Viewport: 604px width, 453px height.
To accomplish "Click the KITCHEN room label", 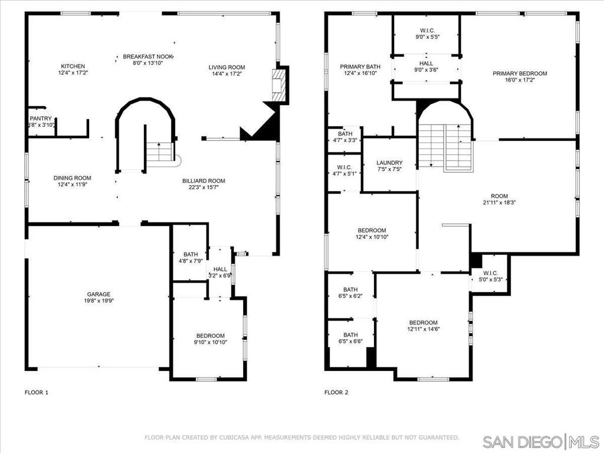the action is pos(73,66).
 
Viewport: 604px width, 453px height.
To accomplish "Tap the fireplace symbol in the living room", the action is pos(280,85).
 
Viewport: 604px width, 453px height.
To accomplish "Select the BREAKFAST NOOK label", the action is pos(148,57).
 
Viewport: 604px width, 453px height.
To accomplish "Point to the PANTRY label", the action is pos(41,119).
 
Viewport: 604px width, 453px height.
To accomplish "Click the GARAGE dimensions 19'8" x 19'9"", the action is pos(99,301).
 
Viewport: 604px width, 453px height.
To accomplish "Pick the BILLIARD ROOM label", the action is pos(203,180).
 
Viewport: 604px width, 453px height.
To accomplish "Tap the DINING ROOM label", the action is pos(73,178).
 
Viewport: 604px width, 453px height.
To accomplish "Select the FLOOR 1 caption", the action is pos(37,392).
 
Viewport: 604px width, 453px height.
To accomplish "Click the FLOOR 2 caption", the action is pos(336,392).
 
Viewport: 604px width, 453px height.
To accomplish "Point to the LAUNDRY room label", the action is pos(389,163).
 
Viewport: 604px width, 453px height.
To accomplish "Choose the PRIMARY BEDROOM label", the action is pos(520,73).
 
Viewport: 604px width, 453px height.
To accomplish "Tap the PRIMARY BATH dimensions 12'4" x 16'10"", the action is pos(360,73).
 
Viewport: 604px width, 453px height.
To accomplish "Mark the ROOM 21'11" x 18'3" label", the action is pos(500,196).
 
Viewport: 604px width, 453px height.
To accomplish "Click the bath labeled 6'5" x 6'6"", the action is pos(350,335).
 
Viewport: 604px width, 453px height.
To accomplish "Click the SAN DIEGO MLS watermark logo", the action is pos(541,441).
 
